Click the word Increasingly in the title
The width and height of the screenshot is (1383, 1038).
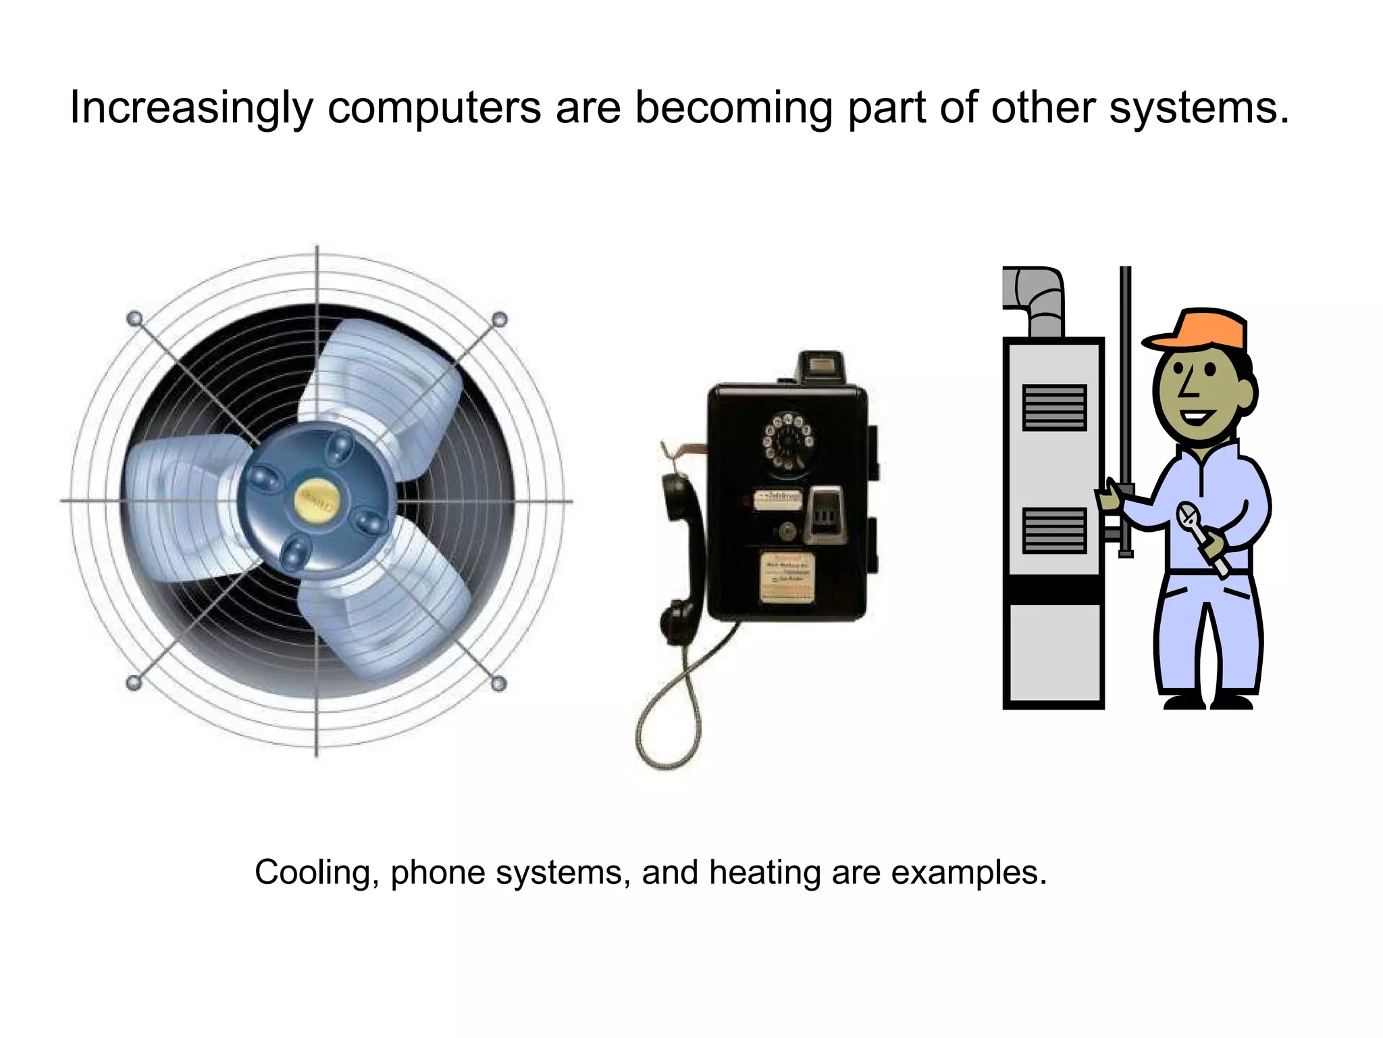click(191, 108)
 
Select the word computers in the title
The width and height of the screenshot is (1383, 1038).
click(434, 108)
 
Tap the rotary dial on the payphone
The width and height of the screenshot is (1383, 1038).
click(787, 442)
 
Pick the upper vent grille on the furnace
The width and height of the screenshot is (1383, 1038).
click(1054, 407)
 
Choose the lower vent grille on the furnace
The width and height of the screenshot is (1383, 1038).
click(1054, 530)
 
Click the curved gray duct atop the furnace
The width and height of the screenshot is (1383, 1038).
click(1040, 297)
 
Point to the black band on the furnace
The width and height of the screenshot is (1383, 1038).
click(1053, 589)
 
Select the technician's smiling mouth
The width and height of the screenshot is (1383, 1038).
click(1197, 416)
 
